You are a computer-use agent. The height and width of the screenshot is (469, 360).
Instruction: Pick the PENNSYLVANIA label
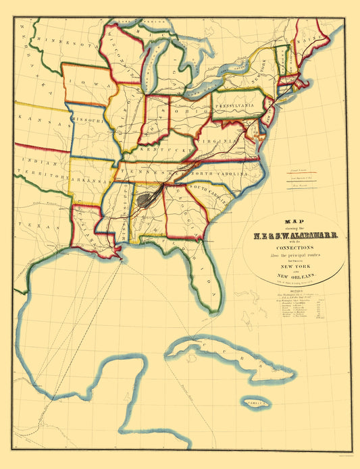pyautogui.click(x=239, y=105)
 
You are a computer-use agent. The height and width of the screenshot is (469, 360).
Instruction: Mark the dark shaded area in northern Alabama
pyautogui.click(x=144, y=200)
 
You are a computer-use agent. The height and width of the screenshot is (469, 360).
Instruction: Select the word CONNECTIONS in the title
pyautogui.click(x=294, y=246)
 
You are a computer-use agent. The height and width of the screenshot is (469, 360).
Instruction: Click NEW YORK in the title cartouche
pyautogui.click(x=294, y=265)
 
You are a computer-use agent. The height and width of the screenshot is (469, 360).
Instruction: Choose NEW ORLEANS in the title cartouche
pyautogui.click(x=294, y=275)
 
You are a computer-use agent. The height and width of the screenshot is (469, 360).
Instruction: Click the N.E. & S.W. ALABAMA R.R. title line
pyautogui.click(x=294, y=236)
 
